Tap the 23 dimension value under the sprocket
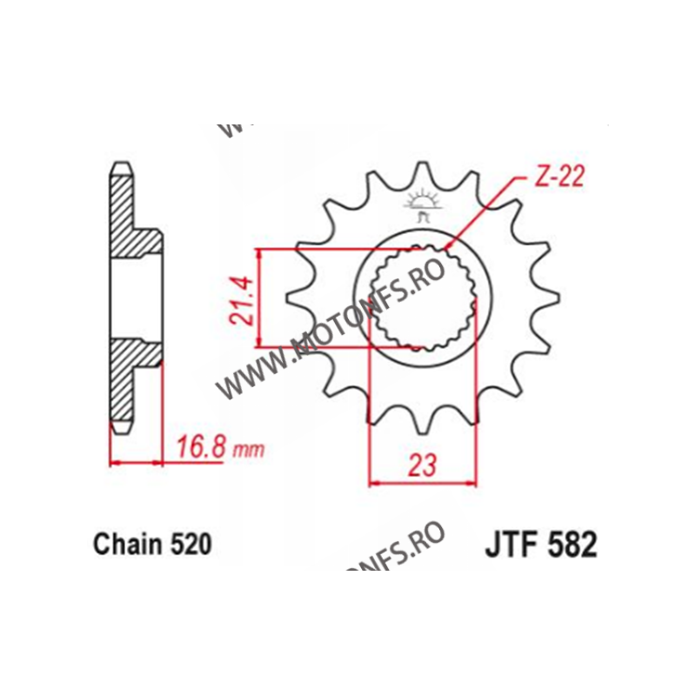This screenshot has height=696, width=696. coord(422,465)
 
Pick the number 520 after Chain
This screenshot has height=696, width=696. coord(190,545)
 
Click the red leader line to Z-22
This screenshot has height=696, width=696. coord(487,213)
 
